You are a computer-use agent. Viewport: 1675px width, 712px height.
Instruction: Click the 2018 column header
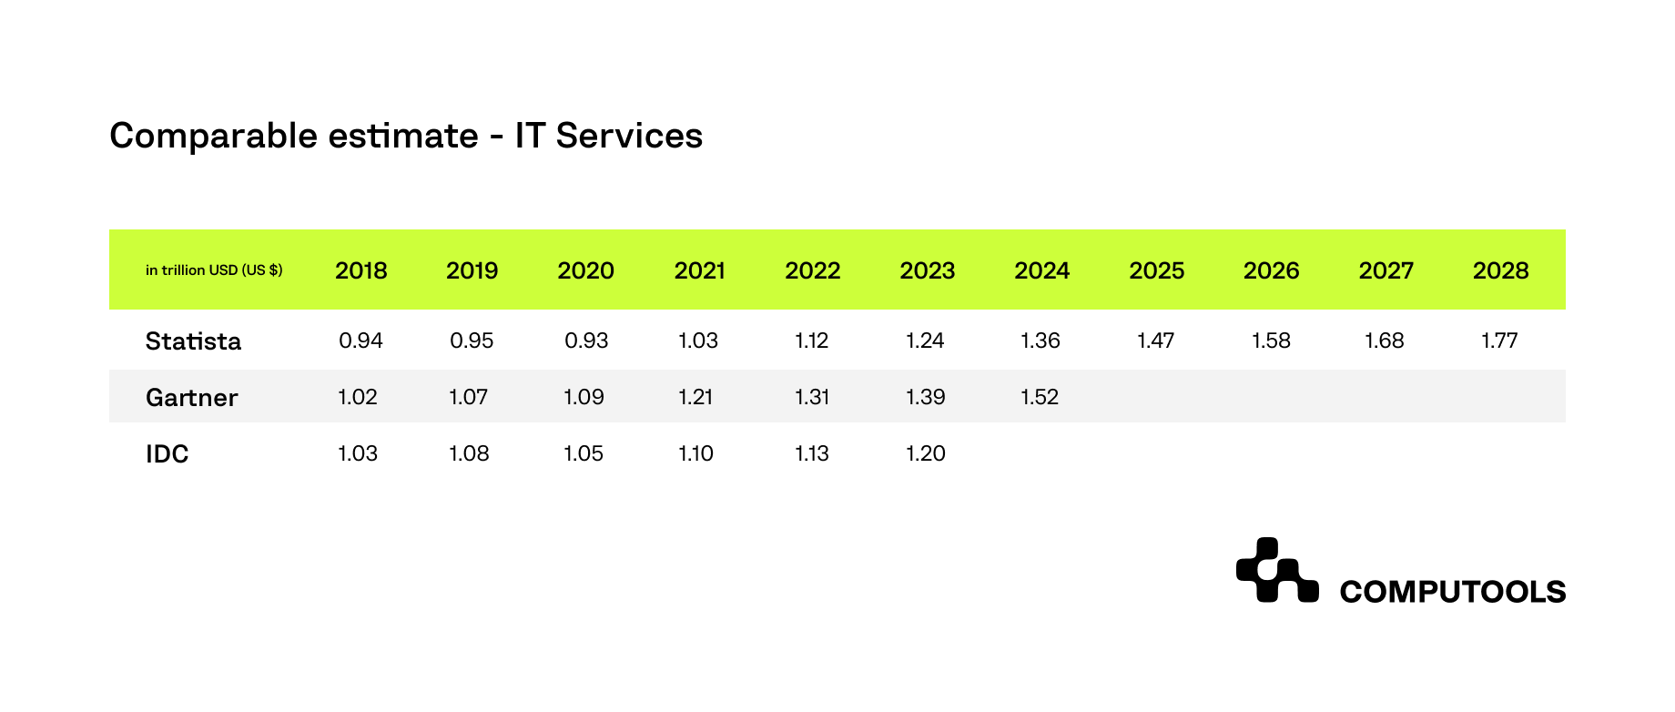pyautogui.click(x=361, y=270)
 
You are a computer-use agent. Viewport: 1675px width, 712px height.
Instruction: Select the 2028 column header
pyautogui.click(x=1500, y=270)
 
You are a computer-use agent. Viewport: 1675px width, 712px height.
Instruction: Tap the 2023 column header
pyautogui.click(x=927, y=270)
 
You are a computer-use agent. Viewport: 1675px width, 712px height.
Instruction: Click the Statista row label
pyautogui.click(x=193, y=341)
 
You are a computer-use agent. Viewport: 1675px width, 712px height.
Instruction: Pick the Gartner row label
pyautogui.click(x=191, y=397)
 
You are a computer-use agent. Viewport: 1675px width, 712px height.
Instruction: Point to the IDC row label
pyautogui.click(x=167, y=453)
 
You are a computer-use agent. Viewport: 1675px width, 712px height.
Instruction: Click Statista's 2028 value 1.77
pyautogui.click(x=1499, y=341)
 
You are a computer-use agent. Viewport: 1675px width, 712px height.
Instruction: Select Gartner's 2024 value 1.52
pyautogui.click(x=1040, y=397)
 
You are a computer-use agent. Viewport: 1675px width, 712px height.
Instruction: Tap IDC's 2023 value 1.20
pyautogui.click(x=926, y=453)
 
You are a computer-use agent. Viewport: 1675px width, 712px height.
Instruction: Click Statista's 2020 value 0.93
pyautogui.click(x=586, y=341)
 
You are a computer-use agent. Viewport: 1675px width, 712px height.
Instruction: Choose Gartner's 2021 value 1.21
pyautogui.click(x=695, y=397)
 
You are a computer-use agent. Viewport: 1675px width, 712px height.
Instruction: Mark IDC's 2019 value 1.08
pyautogui.click(x=469, y=453)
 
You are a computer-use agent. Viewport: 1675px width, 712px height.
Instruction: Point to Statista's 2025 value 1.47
pyautogui.click(x=1155, y=341)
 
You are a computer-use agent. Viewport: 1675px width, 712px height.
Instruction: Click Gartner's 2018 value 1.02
pyautogui.click(x=357, y=397)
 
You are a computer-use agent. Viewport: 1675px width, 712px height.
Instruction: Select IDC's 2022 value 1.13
pyautogui.click(x=811, y=453)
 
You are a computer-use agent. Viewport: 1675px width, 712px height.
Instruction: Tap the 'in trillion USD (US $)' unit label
pyautogui.click(x=214, y=270)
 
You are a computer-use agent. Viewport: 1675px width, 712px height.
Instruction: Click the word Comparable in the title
pyautogui.click(x=214, y=137)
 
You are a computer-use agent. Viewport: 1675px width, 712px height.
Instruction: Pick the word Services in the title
pyautogui.click(x=629, y=136)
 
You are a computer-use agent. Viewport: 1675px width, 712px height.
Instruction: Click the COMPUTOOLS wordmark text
pyautogui.click(x=1453, y=592)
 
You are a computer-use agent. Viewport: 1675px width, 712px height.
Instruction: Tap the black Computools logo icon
pyautogui.click(x=1277, y=570)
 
